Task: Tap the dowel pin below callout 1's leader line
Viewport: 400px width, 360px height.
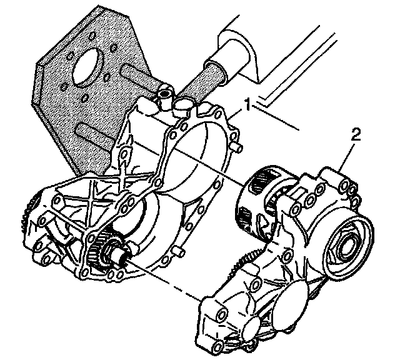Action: pyautogui.click(x=239, y=146)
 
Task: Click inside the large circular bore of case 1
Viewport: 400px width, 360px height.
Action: pyautogui.click(x=194, y=156)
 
